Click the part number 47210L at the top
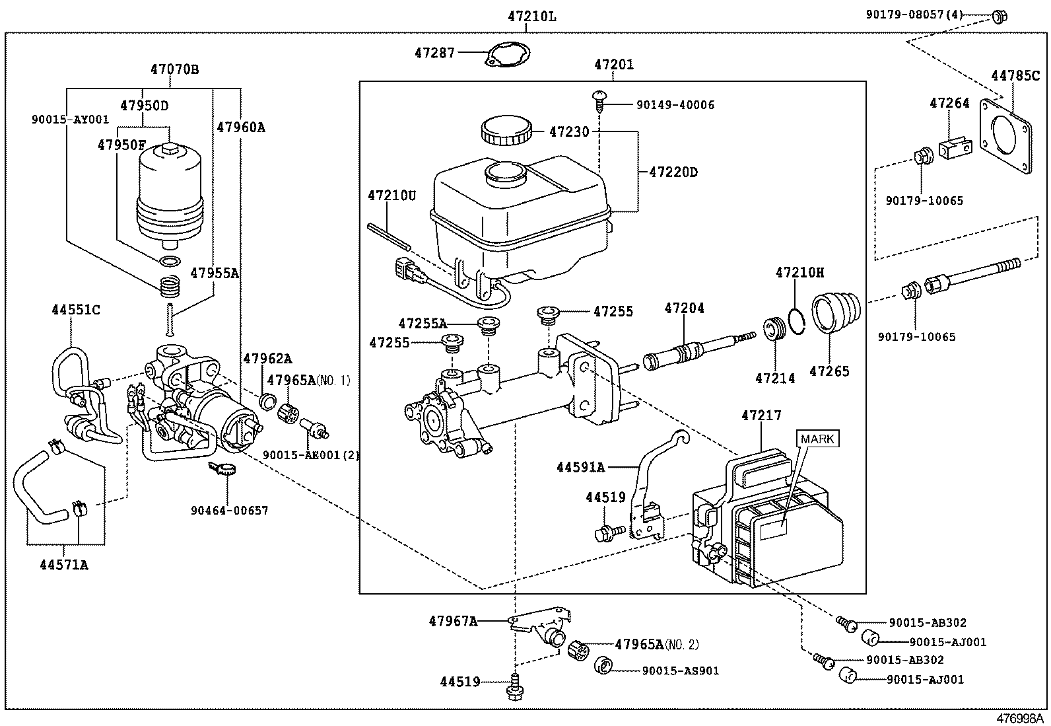click(x=532, y=16)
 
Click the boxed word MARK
click(x=818, y=439)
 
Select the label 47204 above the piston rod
click(x=685, y=308)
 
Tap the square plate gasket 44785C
click(x=1005, y=137)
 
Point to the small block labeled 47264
click(x=955, y=146)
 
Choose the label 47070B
click(x=174, y=69)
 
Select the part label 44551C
click(x=77, y=309)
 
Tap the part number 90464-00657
click(x=230, y=510)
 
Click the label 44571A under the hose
click(x=63, y=565)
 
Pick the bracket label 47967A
click(x=453, y=620)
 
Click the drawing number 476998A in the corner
click(x=1020, y=718)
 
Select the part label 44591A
click(x=580, y=467)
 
